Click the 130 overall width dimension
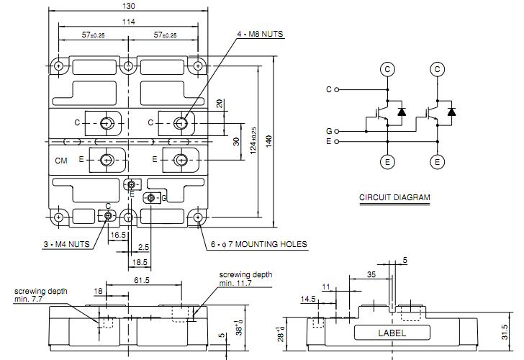(129, 6)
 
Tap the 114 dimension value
(128, 22)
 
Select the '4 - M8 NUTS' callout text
(260, 34)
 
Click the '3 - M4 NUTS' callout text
(66, 244)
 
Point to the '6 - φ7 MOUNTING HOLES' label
(258, 244)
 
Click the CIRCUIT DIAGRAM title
(394, 197)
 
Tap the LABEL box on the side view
(392, 333)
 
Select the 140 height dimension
(268, 142)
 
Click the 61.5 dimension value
(142, 280)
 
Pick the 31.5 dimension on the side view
(505, 332)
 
